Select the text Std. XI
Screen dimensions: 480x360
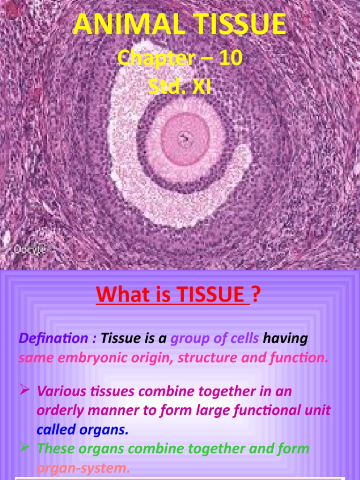point(180,87)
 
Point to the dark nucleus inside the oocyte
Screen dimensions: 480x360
point(184,138)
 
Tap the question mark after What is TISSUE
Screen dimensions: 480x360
point(256,296)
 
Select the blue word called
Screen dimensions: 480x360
point(55,429)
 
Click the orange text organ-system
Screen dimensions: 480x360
point(83,468)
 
